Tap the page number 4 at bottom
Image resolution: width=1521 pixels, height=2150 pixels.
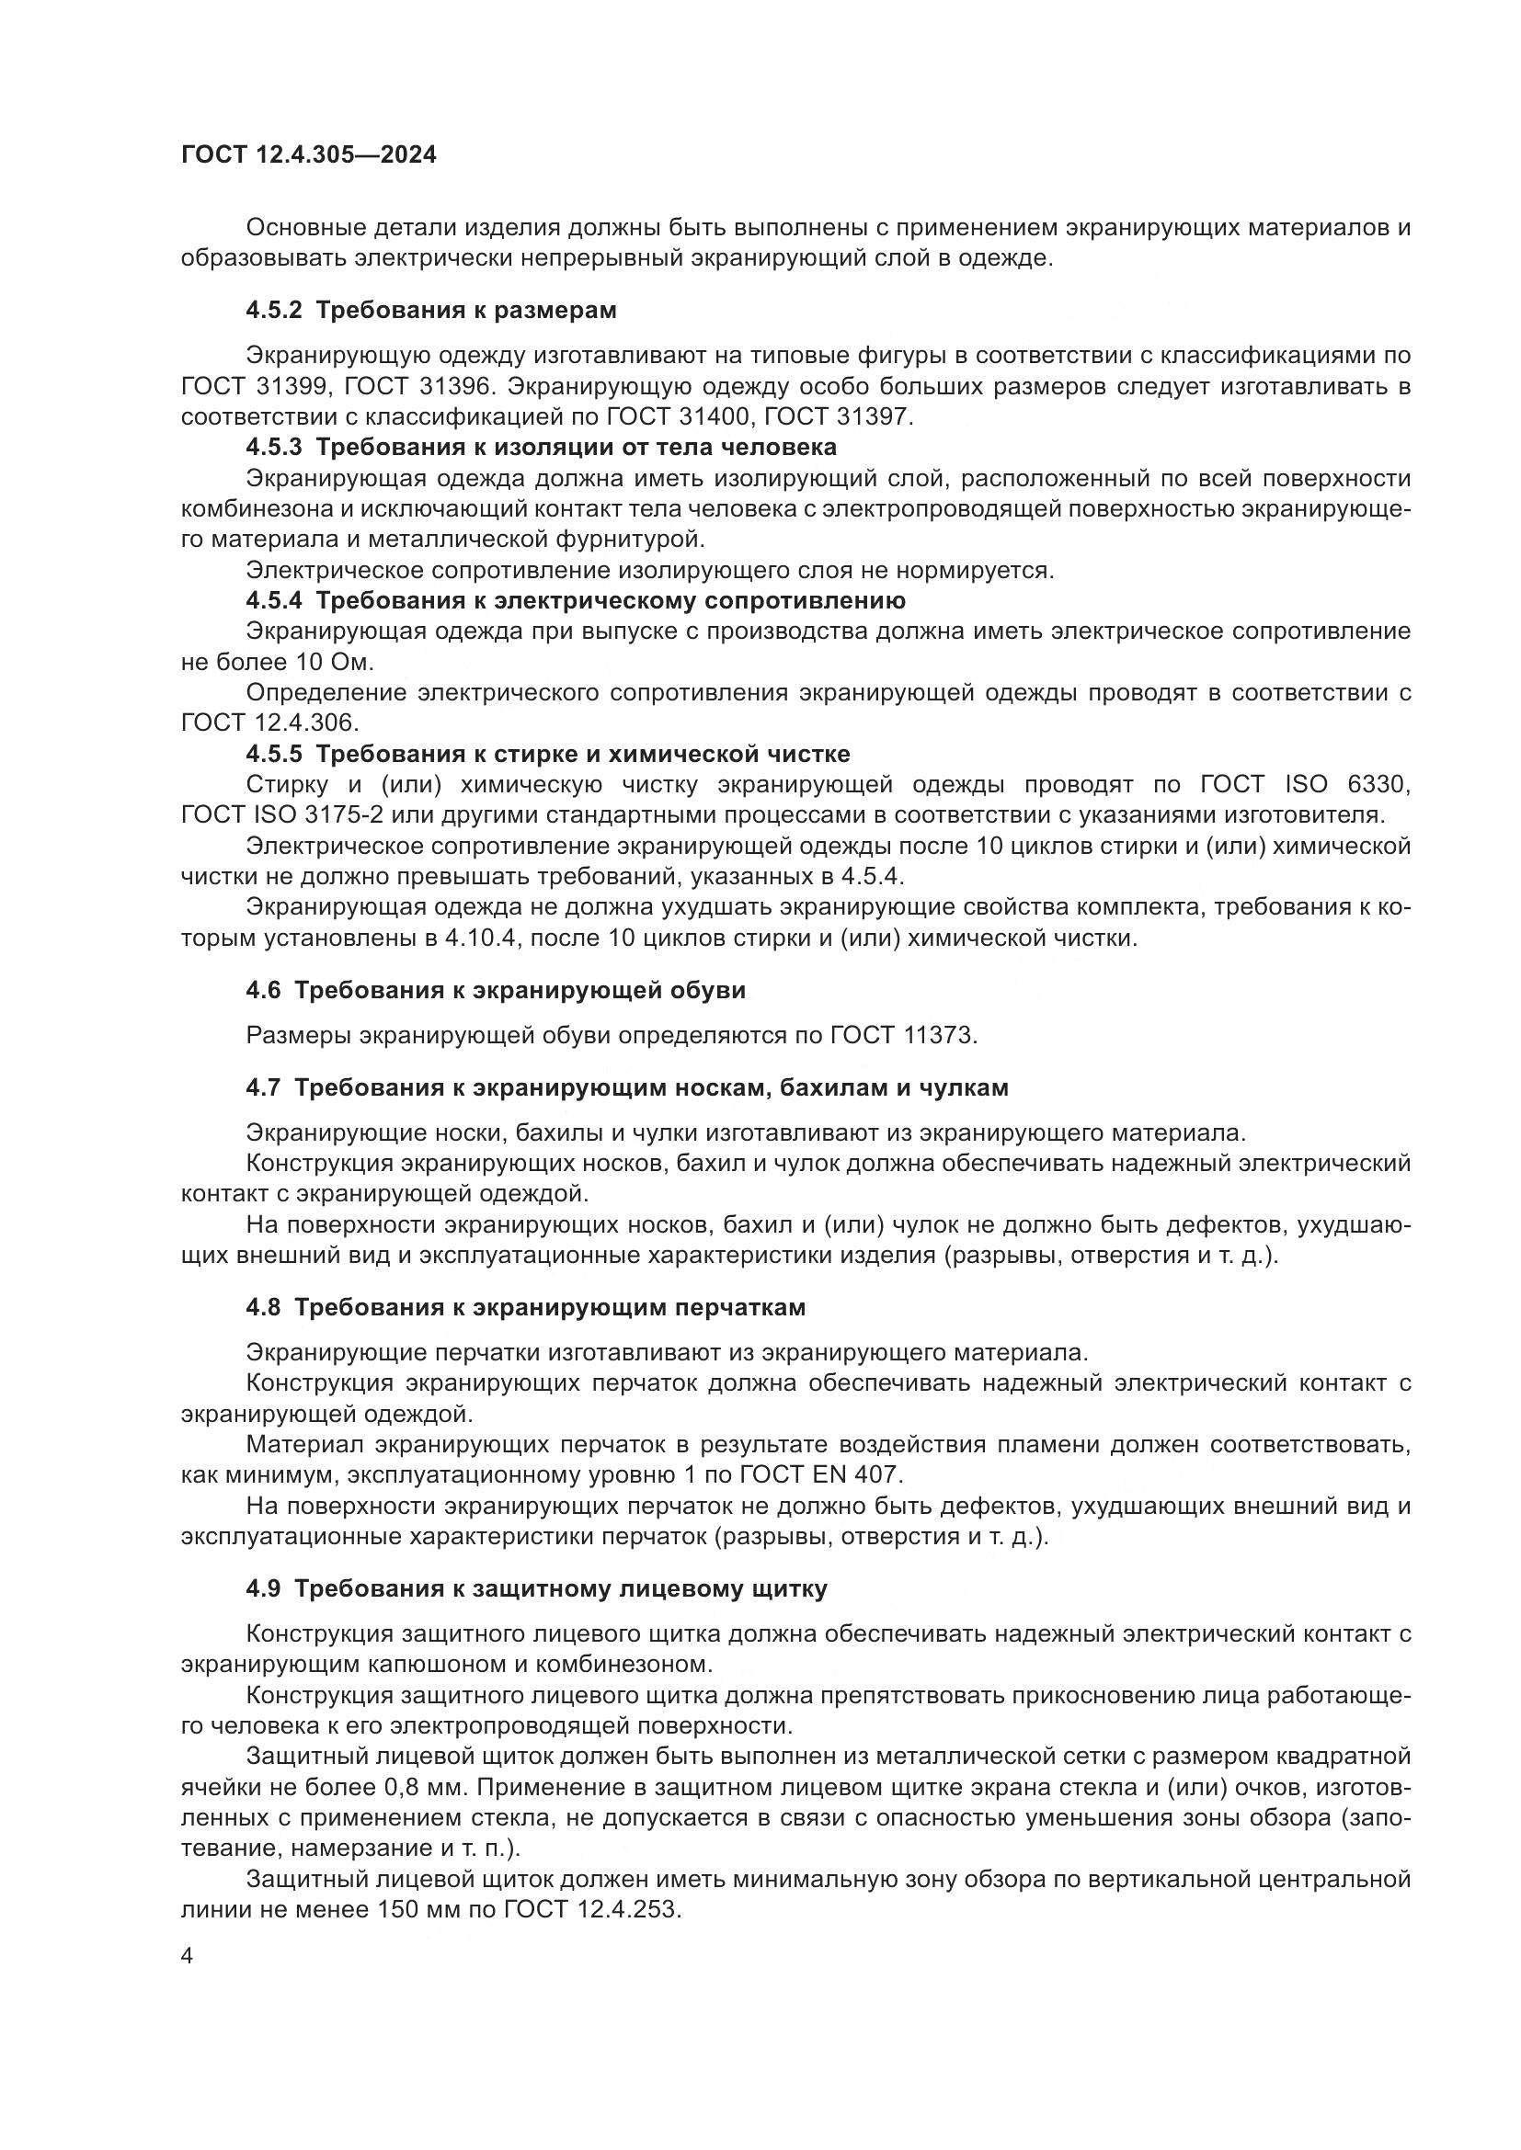pyautogui.click(x=187, y=1958)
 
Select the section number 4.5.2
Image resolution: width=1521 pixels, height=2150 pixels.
pyautogui.click(x=273, y=310)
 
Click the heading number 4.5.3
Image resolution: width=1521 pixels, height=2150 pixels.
pyautogui.click(x=273, y=447)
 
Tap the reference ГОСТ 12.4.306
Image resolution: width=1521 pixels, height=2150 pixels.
pyautogui.click(x=269, y=722)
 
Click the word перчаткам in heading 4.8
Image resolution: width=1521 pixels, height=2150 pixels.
pyautogui.click(x=740, y=1307)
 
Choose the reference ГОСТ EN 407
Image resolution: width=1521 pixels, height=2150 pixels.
pyautogui.click(x=820, y=1474)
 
